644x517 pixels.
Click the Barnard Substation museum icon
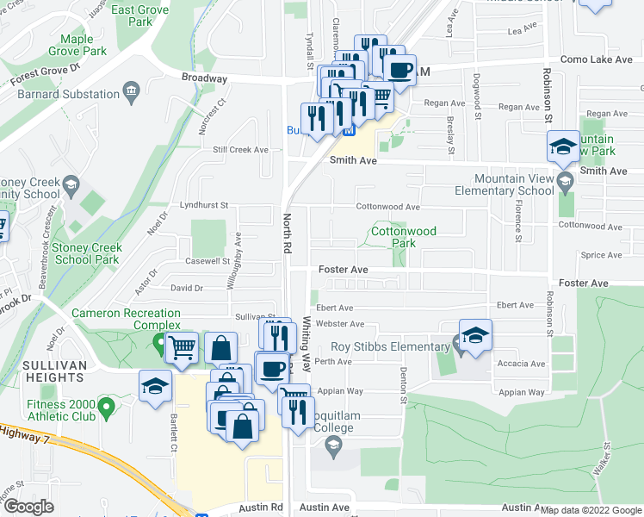pyautogui.click(x=132, y=90)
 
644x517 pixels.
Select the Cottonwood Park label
pyautogui.click(x=404, y=237)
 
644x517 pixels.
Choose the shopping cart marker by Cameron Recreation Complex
pyautogui.click(x=181, y=349)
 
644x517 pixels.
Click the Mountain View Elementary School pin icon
pyautogui.click(x=565, y=181)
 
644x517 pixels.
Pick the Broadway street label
pyautogui.click(x=204, y=78)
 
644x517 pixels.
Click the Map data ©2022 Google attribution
pyautogui.click(x=591, y=510)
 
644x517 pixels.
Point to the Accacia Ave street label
pyautogui.click(x=522, y=364)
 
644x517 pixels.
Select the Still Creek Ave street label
pyautogui.click(x=241, y=149)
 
